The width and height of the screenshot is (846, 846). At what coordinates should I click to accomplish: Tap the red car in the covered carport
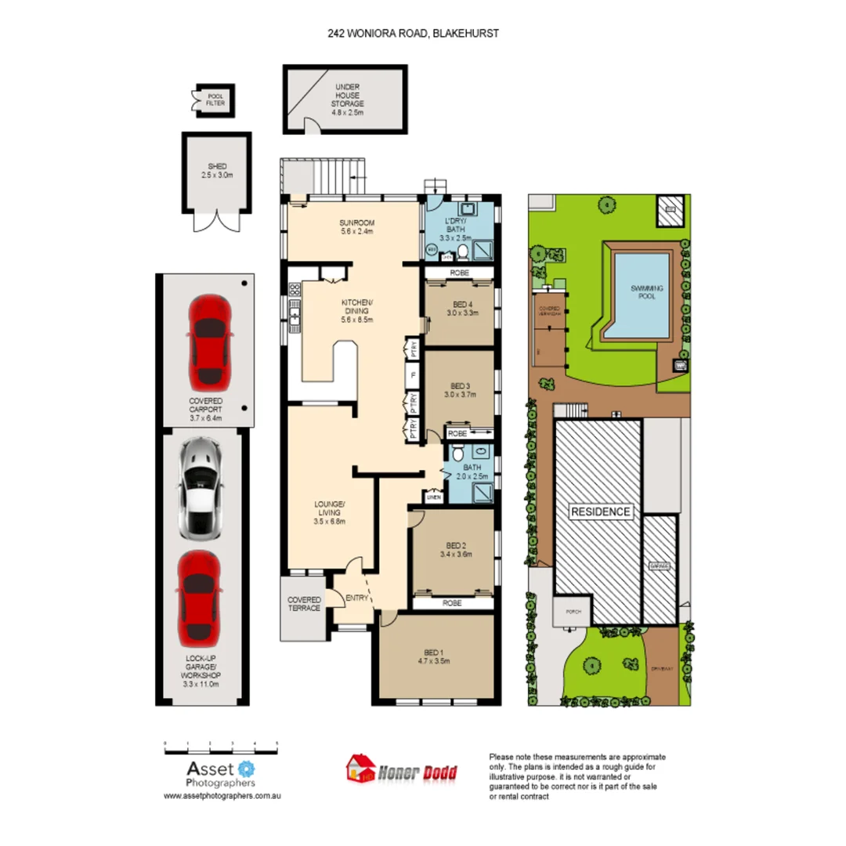point(209,342)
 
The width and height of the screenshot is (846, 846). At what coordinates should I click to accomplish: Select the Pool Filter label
point(215,98)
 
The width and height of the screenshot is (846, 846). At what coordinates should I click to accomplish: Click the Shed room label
point(217,170)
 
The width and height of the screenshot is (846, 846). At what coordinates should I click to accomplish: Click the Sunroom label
point(355,227)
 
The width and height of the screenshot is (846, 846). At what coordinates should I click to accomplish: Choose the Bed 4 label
point(462,308)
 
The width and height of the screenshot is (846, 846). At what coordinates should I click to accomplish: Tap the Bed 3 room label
point(462,389)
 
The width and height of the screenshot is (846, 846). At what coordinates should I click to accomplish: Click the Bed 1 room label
point(436,656)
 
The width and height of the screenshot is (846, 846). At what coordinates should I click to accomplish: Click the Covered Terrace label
point(304,604)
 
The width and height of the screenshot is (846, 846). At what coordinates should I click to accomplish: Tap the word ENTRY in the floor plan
point(356,598)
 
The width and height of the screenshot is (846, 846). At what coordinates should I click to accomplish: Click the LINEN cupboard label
point(432,497)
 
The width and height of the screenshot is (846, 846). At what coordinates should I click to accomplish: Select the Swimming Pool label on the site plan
point(647,293)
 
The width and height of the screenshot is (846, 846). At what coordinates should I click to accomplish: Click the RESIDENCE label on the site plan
point(600,512)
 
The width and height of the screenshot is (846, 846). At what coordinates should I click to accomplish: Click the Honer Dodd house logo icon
point(360,769)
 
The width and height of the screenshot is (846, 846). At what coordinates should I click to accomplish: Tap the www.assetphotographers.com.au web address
point(222,795)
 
